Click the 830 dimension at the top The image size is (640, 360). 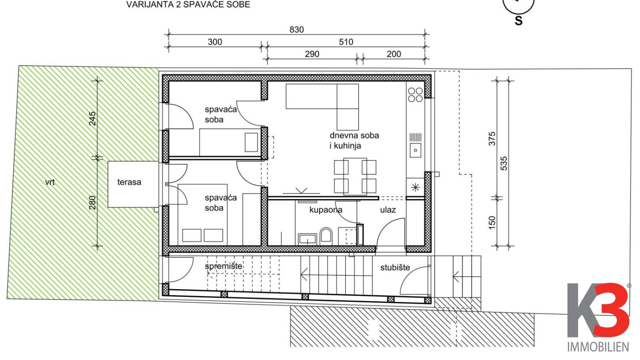coord(297,30)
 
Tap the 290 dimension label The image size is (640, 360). coord(312,54)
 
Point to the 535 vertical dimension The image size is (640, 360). coord(504,163)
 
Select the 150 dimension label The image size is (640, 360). coord(492,223)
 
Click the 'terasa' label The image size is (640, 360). coord(129,182)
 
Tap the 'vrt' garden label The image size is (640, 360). coord(50,182)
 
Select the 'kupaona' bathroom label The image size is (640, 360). coord(326,210)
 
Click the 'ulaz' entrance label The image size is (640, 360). coord(388,210)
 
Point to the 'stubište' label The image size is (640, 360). coord(395,267)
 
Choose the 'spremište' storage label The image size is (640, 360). coord(224,266)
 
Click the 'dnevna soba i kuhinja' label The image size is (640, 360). coord(354,141)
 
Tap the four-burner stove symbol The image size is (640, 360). coord(415,95)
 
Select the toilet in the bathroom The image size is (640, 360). coord(326,236)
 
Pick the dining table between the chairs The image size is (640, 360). coord(355,176)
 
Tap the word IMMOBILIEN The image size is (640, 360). coord(598,347)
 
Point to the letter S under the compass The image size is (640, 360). coord(518,21)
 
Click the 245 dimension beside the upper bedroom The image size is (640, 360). coord(92,119)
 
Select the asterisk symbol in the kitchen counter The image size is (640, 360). coord(416,187)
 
